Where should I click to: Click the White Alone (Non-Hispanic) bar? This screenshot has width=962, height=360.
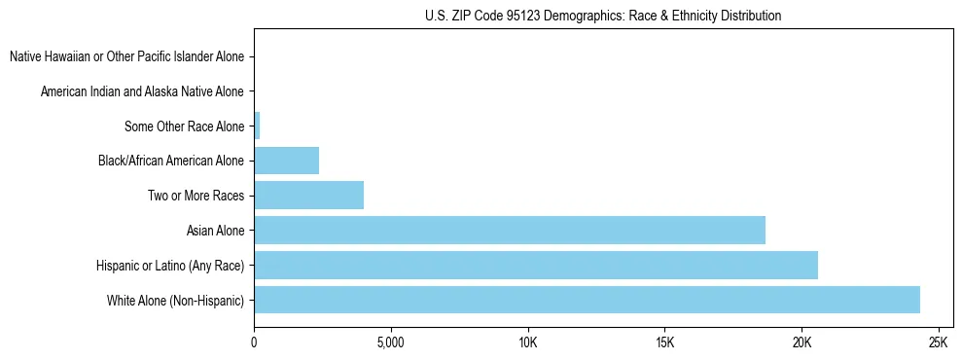[587, 300]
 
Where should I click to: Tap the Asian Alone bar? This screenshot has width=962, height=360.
[509, 230]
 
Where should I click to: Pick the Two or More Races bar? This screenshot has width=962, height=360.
[308, 195]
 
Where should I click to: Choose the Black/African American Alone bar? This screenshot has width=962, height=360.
[286, 160]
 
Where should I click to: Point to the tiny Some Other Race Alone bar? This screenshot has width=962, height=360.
[257, 126]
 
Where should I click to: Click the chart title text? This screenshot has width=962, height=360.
[603, 16]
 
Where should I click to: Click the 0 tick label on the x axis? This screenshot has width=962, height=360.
[254, 343]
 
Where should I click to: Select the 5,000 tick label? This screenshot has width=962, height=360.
[390, 343]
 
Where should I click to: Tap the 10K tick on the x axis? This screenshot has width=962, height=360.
[527, 343]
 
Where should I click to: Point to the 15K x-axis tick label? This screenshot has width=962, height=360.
[664, 343]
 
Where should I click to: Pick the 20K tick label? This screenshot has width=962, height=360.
[802, 343]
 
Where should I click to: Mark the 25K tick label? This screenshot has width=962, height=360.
[938, 343]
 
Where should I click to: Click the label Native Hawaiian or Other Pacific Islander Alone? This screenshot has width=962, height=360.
[126, 56]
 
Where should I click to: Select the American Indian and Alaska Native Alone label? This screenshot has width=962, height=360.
[142, 91]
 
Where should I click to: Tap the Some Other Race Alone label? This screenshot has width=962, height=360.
[184, 126]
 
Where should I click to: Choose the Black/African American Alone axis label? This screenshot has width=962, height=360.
[171, 161]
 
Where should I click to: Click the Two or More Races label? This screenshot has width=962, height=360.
[196, 196]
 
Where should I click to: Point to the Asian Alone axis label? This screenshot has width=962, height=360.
[215, 231]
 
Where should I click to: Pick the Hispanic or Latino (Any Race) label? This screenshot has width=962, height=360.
[170, 266]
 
